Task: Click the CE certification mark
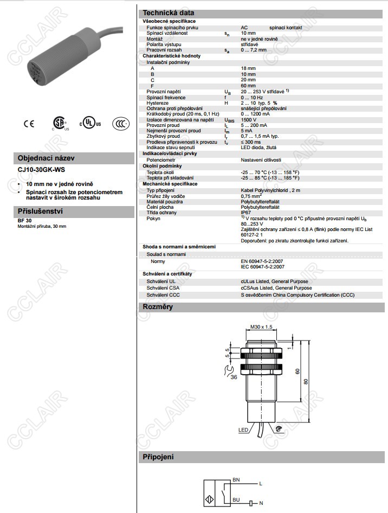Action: [x=28, y=124]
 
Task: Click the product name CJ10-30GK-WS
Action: [x=41, y=170]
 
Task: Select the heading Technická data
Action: [x=168, y=13]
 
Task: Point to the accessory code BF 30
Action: [x=25, y=220]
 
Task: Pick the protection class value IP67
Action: [x=247, y=213]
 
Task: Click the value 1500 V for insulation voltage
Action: [x=249, y=119]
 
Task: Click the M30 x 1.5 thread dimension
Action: [x=261, y=326]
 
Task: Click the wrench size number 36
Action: [x=233, y=376]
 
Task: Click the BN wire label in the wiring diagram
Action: [x=236, y=479]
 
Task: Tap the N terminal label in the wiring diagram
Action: [x=261, y=503]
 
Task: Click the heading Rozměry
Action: [x=158, y=307]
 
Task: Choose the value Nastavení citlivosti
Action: [x=261, y=160]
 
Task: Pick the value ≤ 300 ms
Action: [x=250, y=142]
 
